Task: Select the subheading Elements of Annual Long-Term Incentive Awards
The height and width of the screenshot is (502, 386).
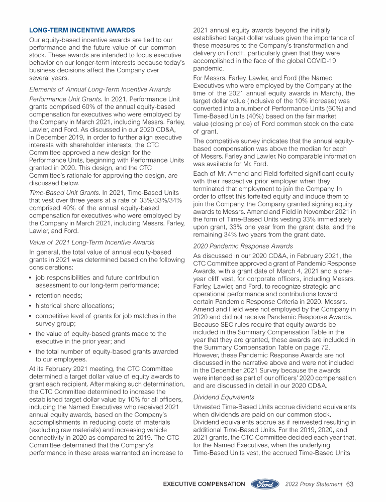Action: [100, 89]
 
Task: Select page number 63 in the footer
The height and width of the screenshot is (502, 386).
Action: [350, 484]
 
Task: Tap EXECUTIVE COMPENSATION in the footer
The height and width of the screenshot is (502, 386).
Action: [203, 484]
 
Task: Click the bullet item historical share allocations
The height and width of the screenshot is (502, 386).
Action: [75, 305]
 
